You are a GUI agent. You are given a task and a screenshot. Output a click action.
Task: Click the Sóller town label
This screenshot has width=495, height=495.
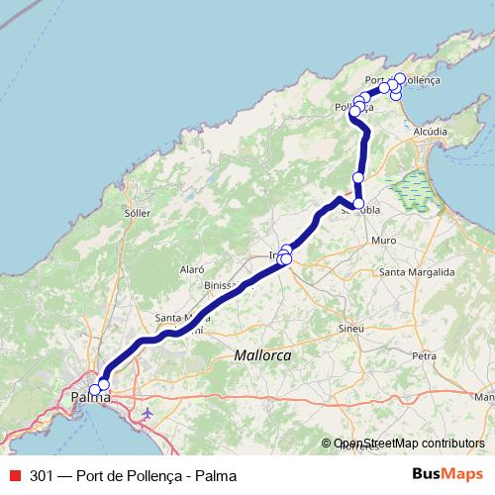[137, 213]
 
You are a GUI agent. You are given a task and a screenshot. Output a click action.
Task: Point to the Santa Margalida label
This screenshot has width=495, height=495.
[416, 271]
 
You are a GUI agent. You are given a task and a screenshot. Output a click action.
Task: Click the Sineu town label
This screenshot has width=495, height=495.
[350, 327]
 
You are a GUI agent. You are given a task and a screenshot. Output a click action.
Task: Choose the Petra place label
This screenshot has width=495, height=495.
[425, 353]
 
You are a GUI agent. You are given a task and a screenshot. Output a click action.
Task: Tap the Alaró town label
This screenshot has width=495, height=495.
[191, 269]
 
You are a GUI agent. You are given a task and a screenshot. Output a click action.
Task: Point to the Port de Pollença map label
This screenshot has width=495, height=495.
[402, 79]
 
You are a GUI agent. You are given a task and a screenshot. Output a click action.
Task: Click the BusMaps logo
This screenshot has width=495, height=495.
[448, 474]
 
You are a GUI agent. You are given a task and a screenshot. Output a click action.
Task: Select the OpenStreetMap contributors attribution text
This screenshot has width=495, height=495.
[409, 444]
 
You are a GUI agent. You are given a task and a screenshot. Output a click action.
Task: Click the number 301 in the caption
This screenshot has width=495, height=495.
[42, 475]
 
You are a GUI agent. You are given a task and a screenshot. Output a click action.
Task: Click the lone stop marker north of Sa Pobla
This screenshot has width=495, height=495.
[358, 177]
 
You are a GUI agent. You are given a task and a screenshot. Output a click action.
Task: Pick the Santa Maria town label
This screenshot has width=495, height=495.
[178, 318]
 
